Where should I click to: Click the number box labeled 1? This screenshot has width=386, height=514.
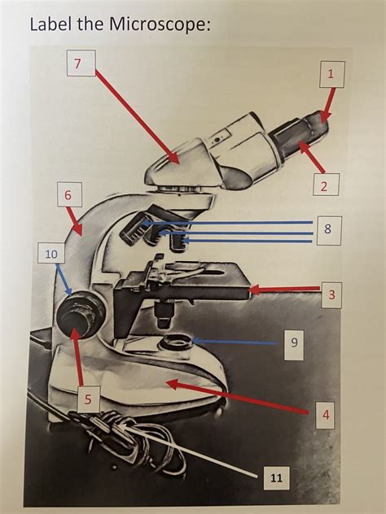331,75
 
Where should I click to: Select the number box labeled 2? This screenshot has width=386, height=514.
323,186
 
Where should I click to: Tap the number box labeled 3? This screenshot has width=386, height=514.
331,294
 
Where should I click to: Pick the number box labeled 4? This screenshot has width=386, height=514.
326,414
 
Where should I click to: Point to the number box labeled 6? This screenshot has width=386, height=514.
68,195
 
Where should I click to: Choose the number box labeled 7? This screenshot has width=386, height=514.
81,63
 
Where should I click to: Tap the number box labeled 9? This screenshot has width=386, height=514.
294,343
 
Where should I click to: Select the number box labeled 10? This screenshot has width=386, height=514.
50,254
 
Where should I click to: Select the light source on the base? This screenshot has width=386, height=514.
173,342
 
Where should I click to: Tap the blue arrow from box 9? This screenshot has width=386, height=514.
236,342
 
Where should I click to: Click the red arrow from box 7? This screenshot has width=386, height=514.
134,114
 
